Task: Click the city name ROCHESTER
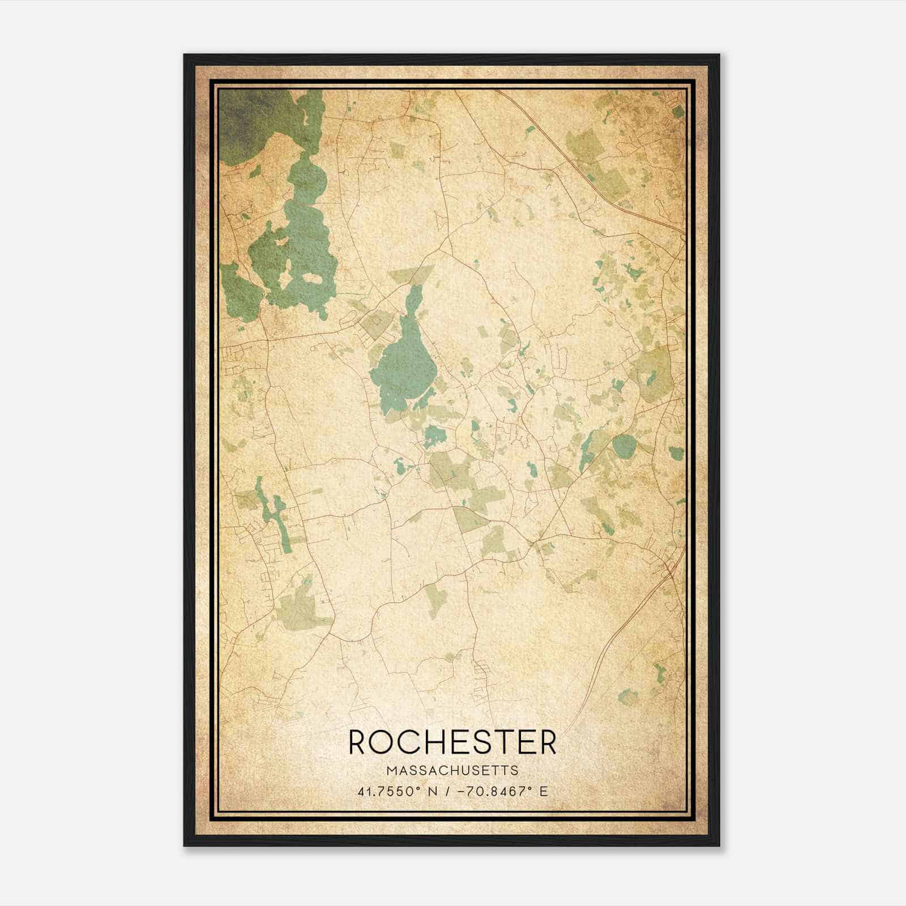coord(452,742)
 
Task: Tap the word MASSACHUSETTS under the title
coord(452,771)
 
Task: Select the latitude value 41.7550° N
coord(398,791)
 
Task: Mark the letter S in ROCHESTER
coord(491,742)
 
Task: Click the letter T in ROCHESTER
coord(513,742)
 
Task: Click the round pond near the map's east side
coord(624,447)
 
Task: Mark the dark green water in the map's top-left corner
coord(243,119)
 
